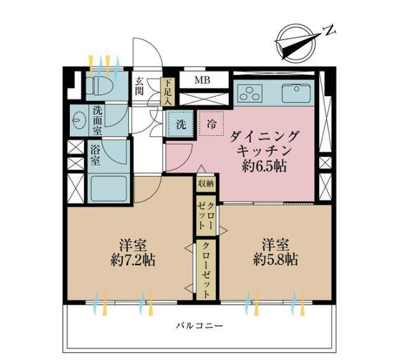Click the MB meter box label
(203, 80)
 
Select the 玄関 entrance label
(139, 86)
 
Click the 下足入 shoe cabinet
(168, 92)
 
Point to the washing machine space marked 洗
(181, 124)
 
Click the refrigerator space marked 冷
(211, 124)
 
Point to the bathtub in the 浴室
(109, 188)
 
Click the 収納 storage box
(206, 183)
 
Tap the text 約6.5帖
(264, 166)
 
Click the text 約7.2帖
(133, 260)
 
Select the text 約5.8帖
(276, 260)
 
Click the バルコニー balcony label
(200, 326)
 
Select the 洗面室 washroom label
(97, 120)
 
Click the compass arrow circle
(296, 43)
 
